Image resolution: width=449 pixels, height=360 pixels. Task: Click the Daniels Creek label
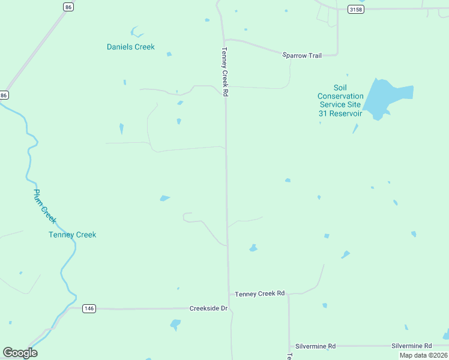click(x=130, y=47)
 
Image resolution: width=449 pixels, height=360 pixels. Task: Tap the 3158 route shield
click(x=355, y=9)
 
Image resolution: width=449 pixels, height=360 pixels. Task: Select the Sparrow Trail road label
click(x=302, y=55)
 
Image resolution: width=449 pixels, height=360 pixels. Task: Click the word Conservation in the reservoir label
click(x=340, y=96)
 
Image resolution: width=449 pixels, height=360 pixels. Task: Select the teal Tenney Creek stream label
click(x=72, y=235)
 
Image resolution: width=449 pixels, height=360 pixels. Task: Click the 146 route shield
click(x=89, y=308)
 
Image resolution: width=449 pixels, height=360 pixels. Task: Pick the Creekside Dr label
click(x=208, y=308)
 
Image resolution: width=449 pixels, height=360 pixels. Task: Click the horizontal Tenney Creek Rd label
click(x=259, y=293)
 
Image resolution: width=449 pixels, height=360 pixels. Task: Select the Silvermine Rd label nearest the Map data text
click(x=411, y=346)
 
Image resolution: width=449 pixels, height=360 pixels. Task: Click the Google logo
click(x=20, y=352)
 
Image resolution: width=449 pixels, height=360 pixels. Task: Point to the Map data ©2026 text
click(x=423, y=355)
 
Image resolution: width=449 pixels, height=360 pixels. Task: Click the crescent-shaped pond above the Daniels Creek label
click(x=136, y=31)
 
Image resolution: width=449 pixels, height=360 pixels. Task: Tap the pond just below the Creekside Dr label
click(x=175, y=325)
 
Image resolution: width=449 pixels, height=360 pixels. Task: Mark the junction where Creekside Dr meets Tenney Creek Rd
click(x=229, y=308)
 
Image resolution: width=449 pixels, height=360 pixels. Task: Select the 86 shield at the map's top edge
click(x=68, y=7)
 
